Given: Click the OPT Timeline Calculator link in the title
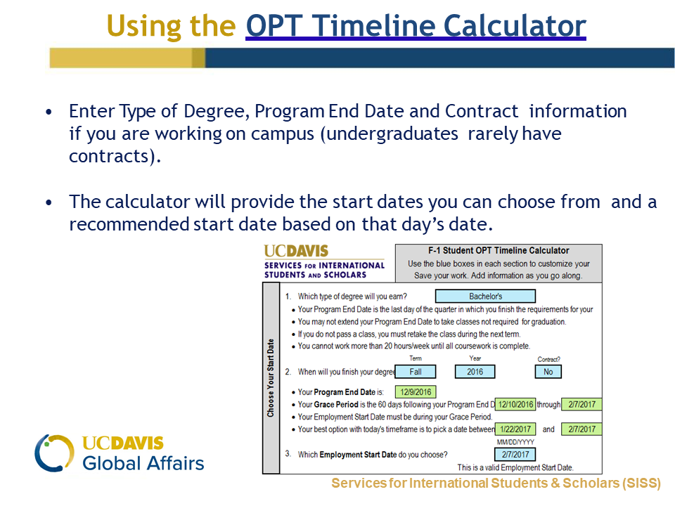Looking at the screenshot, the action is [416, 26].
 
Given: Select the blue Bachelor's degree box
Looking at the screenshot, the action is [485, 296].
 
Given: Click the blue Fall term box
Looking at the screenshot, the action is [416, 372].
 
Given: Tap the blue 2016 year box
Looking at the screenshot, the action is [475, 372].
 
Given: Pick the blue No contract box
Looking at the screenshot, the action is [548, 372].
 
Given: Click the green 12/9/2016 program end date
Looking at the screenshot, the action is [416, 392].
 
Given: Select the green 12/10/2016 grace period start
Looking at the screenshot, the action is [515, 405].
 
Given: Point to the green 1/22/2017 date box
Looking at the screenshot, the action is [515, 429].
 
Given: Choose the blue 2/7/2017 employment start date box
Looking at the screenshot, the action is [515, 455].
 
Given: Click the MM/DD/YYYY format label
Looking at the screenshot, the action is [515, 442].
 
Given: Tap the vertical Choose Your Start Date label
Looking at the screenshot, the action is [270, 378].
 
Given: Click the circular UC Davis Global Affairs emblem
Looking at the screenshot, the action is [54, 453].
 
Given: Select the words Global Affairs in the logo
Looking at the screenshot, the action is [143, 463].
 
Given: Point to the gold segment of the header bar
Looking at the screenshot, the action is [127, 58].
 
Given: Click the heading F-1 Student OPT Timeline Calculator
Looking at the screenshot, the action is [499, 250].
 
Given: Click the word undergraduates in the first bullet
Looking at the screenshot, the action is [392, 134].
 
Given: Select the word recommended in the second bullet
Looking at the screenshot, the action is [129, 224].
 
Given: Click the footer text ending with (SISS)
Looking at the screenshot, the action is [496, 484].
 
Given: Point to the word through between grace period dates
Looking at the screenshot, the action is [548, 405].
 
